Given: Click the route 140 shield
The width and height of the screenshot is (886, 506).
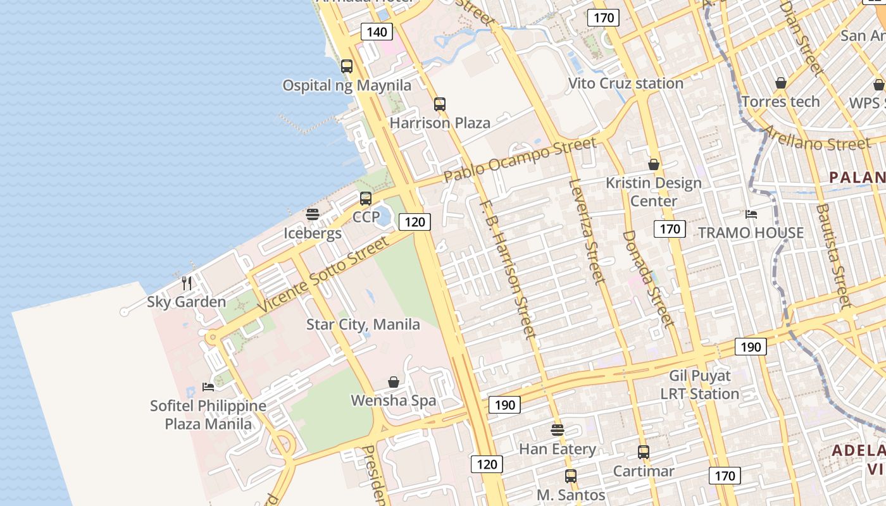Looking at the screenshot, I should click(x=377, y=32).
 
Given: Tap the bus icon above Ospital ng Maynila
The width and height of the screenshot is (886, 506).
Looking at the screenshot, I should click(x=347, y=66).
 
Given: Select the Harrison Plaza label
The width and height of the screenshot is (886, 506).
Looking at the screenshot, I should click(x=440, y=123).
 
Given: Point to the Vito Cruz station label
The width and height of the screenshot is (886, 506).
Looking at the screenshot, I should click(x=625, y=83).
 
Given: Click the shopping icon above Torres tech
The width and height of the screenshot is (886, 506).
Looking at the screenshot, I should click(x=781, y=83).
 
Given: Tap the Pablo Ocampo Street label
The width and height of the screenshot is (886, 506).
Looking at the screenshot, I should click(x=520, y=160).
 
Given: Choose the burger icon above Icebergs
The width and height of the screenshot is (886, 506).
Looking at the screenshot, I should click(x=313, y=214).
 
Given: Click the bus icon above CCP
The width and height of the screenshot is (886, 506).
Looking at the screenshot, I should click(x=366, y=199).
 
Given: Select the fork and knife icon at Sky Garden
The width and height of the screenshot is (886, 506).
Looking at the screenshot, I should click(x=187, y=283).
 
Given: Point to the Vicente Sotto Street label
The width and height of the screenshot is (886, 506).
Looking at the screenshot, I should click(x=323, y=274).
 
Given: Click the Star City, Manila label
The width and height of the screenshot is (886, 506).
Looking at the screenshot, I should click(x=363, y=324).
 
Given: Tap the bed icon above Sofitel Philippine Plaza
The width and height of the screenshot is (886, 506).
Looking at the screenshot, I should click(x=208, y=386).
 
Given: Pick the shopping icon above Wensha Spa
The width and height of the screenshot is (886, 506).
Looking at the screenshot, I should click(x=394, y=382).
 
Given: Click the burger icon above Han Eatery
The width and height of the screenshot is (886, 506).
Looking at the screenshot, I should click(x=558, y=430).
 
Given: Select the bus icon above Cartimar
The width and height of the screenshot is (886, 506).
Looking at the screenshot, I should click(x=644, y=452).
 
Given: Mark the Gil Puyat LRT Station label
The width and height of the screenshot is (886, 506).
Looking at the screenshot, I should click(x=700, y=385).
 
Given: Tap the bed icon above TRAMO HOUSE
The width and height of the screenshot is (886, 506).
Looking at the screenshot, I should click(x=751, y=214).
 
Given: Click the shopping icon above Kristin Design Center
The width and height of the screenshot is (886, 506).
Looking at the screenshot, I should click(x=654, y=164).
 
